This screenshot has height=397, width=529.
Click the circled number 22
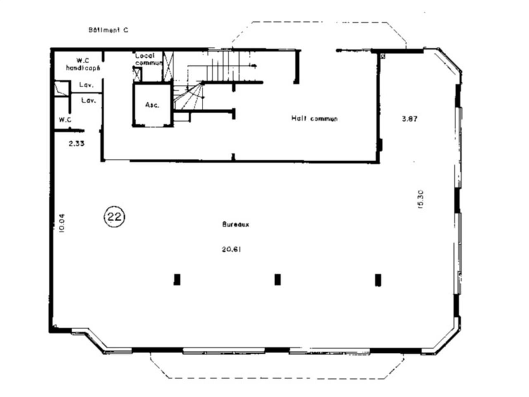click(x=114, y=216)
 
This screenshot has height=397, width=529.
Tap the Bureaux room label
click(x=236, y=225)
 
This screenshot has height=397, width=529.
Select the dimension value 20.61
click(x=231, y=249)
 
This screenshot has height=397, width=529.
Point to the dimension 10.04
click(x=62, y=223)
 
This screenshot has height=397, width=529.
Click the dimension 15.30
click(x=420, y=199)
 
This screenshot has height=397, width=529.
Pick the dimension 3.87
click(x=410, y=119)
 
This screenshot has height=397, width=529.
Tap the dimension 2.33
click(x=77, y=143)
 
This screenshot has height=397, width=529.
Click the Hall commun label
click(x=314, y=119)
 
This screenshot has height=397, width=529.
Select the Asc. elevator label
click(x=152, y=105)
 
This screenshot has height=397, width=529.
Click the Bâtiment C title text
click(x=108, y=30)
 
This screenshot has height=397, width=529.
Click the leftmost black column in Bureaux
click(x=177, y=280)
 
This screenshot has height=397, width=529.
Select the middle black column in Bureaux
click(x=277, y=280)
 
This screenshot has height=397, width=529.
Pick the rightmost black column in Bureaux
click(x=378, y=280)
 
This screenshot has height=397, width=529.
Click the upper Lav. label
click(x=86, y=86)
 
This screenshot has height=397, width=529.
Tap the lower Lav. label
click(x=88, y=100)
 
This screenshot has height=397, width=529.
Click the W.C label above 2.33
click(x=65, y=120)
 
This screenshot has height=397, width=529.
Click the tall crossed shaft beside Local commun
click(x=169, y=66)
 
